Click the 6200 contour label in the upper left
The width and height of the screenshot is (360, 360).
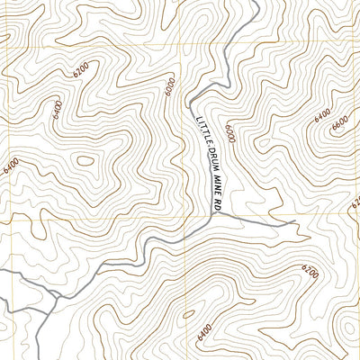[x=80, y=67]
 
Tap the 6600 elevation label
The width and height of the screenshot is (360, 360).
[x=339, y=123]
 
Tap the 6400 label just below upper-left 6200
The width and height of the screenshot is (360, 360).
[x=58, y=110]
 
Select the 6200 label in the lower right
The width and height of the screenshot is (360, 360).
[x=310, y=271]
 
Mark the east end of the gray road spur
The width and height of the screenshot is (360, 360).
[x=295, y=220]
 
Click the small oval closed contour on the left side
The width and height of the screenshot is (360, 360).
[x=86, y=162]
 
